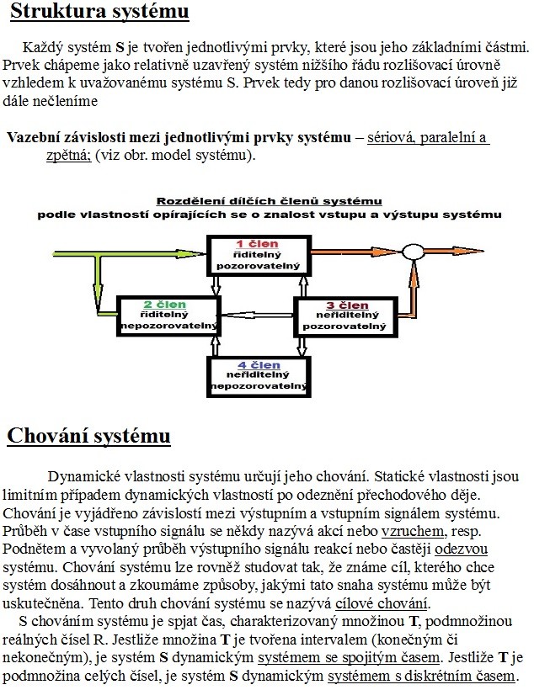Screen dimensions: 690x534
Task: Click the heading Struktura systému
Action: tap(99, 13)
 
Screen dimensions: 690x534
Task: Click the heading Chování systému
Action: tap(89, 437)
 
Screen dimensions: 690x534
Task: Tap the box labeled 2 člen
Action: tap(159, 315)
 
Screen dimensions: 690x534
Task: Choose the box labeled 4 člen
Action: tap(258, 375)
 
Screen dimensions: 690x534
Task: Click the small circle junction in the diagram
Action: tap(413, 252)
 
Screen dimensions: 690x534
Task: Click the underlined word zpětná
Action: tap(67, 157)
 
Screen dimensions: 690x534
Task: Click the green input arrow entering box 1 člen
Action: tap(126, 252)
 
